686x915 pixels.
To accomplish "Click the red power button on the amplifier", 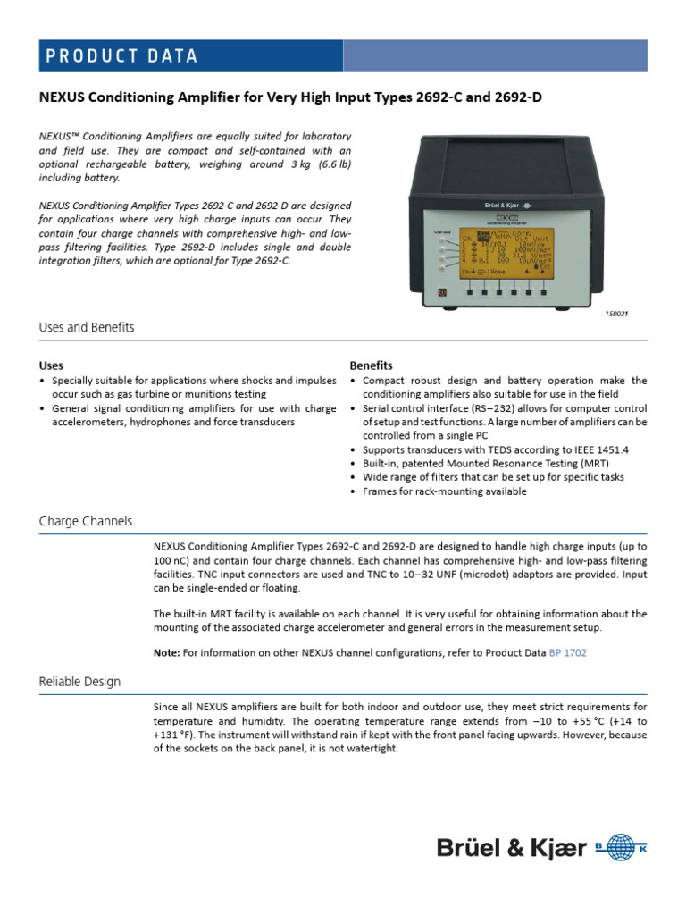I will pos(440,292).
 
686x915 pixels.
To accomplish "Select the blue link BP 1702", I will pos(567,653).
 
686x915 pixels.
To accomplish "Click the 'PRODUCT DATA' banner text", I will pos(121,55).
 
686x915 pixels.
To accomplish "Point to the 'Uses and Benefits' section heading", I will pos(87,327).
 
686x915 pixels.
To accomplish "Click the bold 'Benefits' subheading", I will pos(371,365).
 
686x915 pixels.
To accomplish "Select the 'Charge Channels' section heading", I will pos(86,521).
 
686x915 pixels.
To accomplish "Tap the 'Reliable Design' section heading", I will pos(79,682).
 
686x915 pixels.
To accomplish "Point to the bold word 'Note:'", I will pos(167,653).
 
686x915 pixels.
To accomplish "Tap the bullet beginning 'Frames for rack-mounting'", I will pos(443,491).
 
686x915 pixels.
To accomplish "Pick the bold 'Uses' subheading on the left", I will pos(51,365).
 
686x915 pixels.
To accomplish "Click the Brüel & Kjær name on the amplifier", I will pos(505,205).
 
